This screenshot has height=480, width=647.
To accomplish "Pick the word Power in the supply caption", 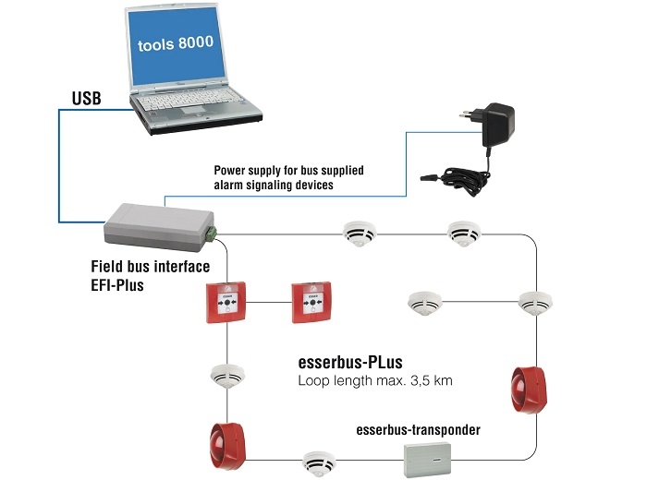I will [x=233, y=170].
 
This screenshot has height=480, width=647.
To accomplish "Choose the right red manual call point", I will [x=311, y=303].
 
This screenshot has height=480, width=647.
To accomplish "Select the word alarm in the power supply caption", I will [x=236, y=186].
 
